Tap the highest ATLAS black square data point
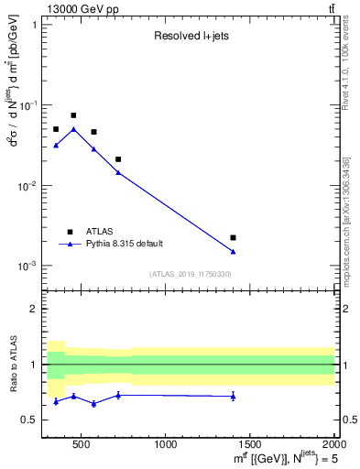[x=73, y=115]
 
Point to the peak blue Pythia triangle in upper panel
[x=73, y=129]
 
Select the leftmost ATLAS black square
[x=56, y=129]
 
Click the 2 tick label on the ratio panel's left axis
[x=34, y=309]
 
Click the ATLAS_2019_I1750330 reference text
[x=191, y=274]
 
